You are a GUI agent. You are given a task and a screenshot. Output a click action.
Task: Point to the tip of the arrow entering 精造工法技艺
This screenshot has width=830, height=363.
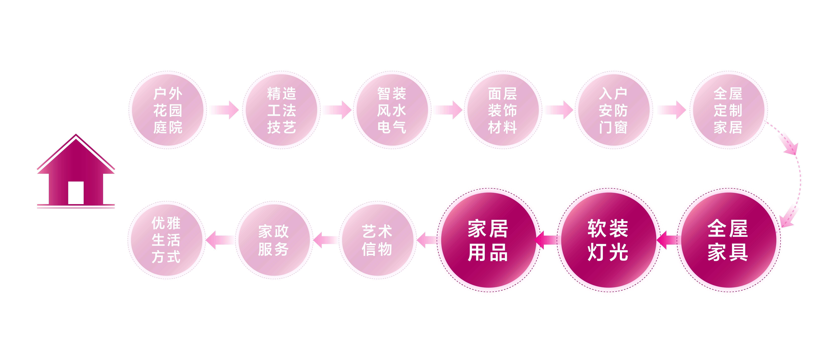[x=239, y=110]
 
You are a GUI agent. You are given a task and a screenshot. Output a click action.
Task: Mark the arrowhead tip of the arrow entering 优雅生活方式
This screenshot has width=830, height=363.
[x=206, y=240]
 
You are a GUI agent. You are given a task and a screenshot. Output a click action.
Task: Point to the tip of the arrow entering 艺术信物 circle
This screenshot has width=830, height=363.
[x=416, y=240]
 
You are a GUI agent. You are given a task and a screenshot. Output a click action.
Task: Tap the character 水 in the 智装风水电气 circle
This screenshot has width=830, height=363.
[x=400, y=110]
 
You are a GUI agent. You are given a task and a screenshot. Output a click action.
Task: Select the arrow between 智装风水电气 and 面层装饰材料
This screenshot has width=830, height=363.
[x=448, y=110]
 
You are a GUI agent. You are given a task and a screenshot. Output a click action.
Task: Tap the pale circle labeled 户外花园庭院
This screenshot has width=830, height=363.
[x=168, y=110]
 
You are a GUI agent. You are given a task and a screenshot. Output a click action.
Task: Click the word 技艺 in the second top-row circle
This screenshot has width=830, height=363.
[x=281, y=127]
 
